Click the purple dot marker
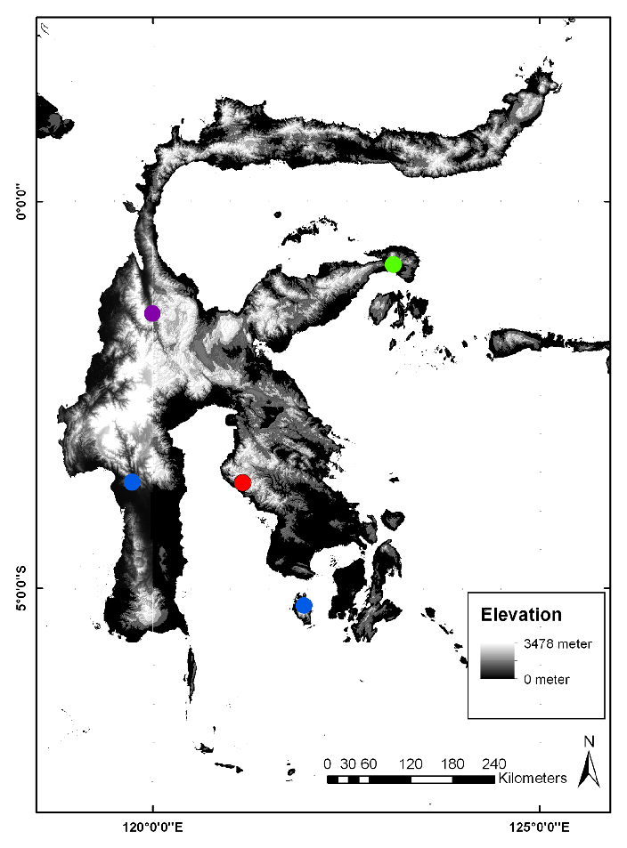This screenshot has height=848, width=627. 152,313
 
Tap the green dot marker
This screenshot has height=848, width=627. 394,264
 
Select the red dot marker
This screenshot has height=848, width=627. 242,483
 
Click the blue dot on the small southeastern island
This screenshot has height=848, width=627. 305,606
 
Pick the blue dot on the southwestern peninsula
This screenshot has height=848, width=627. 133,482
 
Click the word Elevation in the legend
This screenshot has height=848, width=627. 521,615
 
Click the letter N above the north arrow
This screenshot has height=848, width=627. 588,741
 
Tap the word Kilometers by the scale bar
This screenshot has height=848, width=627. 533,779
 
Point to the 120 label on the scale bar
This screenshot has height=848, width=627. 411,763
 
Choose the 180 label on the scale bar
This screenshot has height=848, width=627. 452,763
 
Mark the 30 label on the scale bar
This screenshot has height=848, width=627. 348,763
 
